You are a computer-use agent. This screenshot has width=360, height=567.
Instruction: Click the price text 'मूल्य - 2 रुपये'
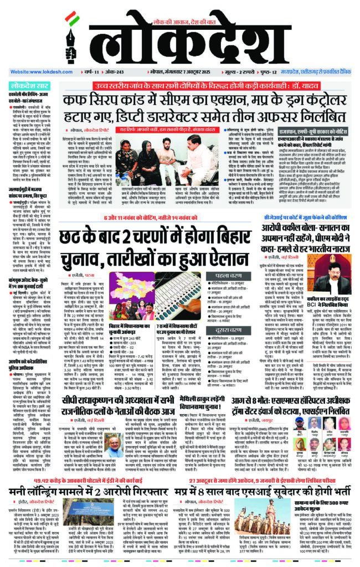pos(253,73)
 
